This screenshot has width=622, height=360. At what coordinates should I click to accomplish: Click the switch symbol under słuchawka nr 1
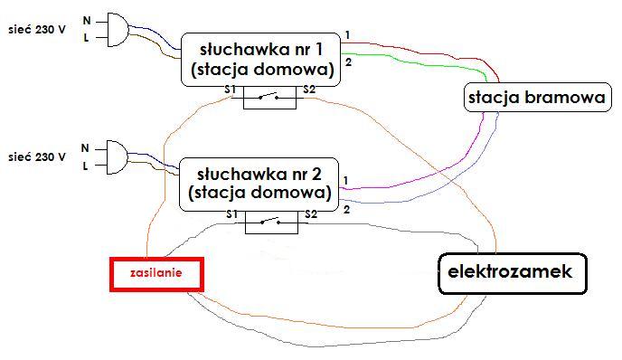click(269, 98)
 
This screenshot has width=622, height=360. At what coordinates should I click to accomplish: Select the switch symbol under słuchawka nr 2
click(271, 223)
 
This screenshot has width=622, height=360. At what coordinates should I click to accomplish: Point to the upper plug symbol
click(118, 30)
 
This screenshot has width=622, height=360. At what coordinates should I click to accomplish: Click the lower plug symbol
click(117, 157)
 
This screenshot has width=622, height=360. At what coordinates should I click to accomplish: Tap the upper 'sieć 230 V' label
click(37, 30)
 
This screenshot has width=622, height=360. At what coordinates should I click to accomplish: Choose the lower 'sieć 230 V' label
click(37, 157)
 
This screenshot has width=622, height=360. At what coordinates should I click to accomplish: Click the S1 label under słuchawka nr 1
click(230, 90)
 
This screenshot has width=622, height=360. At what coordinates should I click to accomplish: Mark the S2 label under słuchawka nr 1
click(309, 90)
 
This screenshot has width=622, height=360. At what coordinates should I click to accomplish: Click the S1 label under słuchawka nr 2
click(231, 214)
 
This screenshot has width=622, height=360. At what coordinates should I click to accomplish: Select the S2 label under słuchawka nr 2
click(311, 214)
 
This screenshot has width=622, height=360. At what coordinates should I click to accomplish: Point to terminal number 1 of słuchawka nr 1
click(347, 35)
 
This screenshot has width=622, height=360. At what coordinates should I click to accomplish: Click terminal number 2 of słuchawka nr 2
click(346, 210)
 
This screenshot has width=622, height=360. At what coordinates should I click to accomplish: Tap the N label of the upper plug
click(87, 20)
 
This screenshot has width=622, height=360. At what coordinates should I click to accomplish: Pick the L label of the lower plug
click(85, 166)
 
